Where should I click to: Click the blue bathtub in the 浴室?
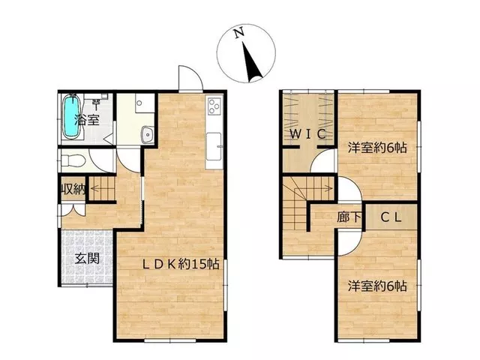[72, 116]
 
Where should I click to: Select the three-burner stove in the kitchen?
[214, 106]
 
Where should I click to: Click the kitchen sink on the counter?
[213, 146]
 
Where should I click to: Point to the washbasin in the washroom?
[148, 134]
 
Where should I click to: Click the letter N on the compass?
[238, 33]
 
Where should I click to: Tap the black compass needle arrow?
[252, 62]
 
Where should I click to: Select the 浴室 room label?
[87, 119]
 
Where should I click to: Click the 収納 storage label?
[73, 190]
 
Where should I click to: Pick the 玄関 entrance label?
[87, 259]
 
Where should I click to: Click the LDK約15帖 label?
[181, 264]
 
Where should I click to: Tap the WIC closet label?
[307, 133]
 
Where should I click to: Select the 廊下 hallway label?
[349, 217]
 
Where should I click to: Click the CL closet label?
[391, 217]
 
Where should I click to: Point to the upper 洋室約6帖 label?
[377, 148]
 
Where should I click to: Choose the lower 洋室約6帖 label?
[377, 286]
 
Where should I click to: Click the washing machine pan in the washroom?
[145, 103]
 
